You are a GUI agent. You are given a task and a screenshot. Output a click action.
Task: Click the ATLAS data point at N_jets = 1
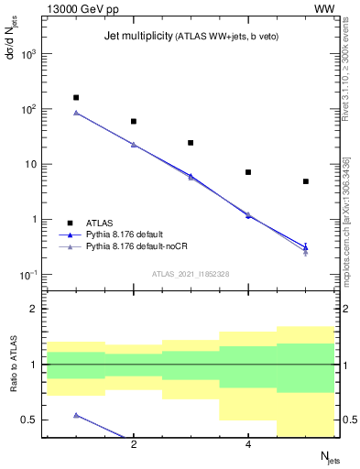coord(76,97)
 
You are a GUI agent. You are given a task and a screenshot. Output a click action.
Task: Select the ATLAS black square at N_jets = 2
coord(134,121)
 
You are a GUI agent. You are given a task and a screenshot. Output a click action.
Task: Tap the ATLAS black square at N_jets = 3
coord(191,143)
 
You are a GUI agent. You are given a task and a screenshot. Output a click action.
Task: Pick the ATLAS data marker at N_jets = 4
coord(248,172)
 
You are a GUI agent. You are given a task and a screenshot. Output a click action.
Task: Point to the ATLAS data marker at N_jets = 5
coord(306,181)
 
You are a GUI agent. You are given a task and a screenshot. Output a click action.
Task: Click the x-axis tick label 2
coord(134,445)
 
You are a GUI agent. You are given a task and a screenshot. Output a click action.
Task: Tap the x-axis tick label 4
coord(248,445)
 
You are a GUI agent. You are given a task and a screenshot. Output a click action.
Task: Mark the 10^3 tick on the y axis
coord(29,54)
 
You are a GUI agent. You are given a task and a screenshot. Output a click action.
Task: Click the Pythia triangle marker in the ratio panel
coord(76,415)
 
